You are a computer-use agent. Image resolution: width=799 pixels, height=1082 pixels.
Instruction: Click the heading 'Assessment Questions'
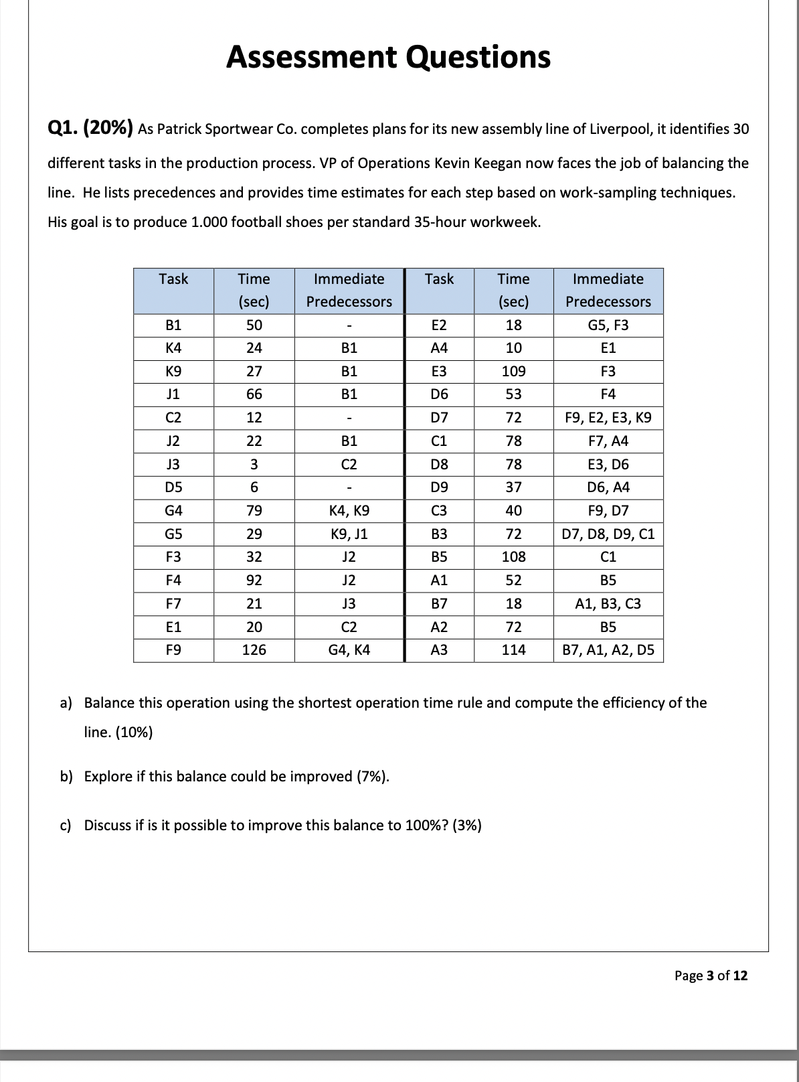pos(388,57)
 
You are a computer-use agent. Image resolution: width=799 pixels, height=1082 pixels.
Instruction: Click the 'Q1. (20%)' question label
pos(90,129)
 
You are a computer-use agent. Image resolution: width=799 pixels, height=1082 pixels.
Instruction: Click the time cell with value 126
pos(254,649)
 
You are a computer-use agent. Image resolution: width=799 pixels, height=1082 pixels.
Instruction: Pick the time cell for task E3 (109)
pos(513,372)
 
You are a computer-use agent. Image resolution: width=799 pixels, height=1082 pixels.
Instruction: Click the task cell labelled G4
pos(173,511)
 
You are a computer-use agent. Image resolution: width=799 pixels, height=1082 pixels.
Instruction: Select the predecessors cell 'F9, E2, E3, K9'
pos(608,418)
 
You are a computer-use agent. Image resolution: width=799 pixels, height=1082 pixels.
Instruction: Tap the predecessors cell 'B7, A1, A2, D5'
pos(608,649)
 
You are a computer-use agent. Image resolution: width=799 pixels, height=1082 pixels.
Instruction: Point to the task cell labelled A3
pos(439,649)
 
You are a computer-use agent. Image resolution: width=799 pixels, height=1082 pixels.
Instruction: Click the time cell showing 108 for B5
pos(513,557)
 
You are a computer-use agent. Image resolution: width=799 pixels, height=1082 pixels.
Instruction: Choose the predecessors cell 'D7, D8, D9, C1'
pos(608,534)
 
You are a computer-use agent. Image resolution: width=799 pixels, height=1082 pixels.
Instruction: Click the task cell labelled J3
pos(173,465)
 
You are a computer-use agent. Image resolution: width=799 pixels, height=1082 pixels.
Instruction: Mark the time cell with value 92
pos(254,581)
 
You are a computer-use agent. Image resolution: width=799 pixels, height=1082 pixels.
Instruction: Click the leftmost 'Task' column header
pos(173,279)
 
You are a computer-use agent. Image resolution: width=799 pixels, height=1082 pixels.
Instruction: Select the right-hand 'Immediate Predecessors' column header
pos(608,290)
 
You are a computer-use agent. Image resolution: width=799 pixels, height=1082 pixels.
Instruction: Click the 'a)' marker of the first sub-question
pos(66,703)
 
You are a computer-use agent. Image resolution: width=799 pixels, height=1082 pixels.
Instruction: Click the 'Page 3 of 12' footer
pos(711,976)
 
